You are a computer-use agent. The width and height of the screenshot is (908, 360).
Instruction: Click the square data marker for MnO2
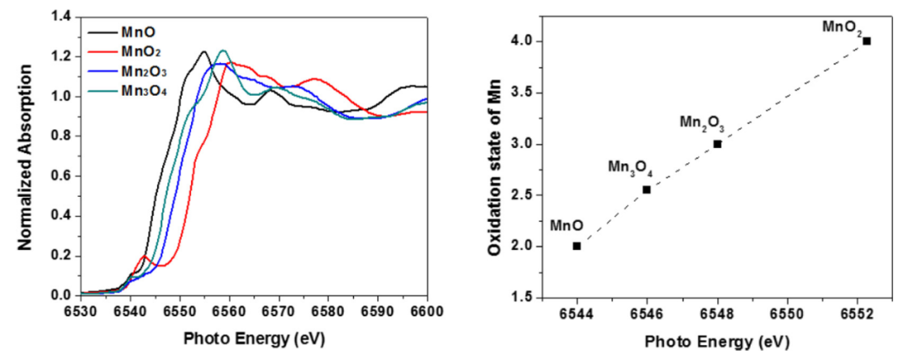[867, 40]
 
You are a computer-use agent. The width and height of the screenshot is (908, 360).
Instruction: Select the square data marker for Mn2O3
[717, 144]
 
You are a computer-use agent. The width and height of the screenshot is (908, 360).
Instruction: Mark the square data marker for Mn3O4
[647, 189]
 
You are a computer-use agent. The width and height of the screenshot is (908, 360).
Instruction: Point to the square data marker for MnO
[577, 246]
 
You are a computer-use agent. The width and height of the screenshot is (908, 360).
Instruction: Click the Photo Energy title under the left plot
[253, 337]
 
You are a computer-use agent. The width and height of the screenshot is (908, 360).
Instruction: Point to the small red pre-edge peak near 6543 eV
[145, 256]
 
